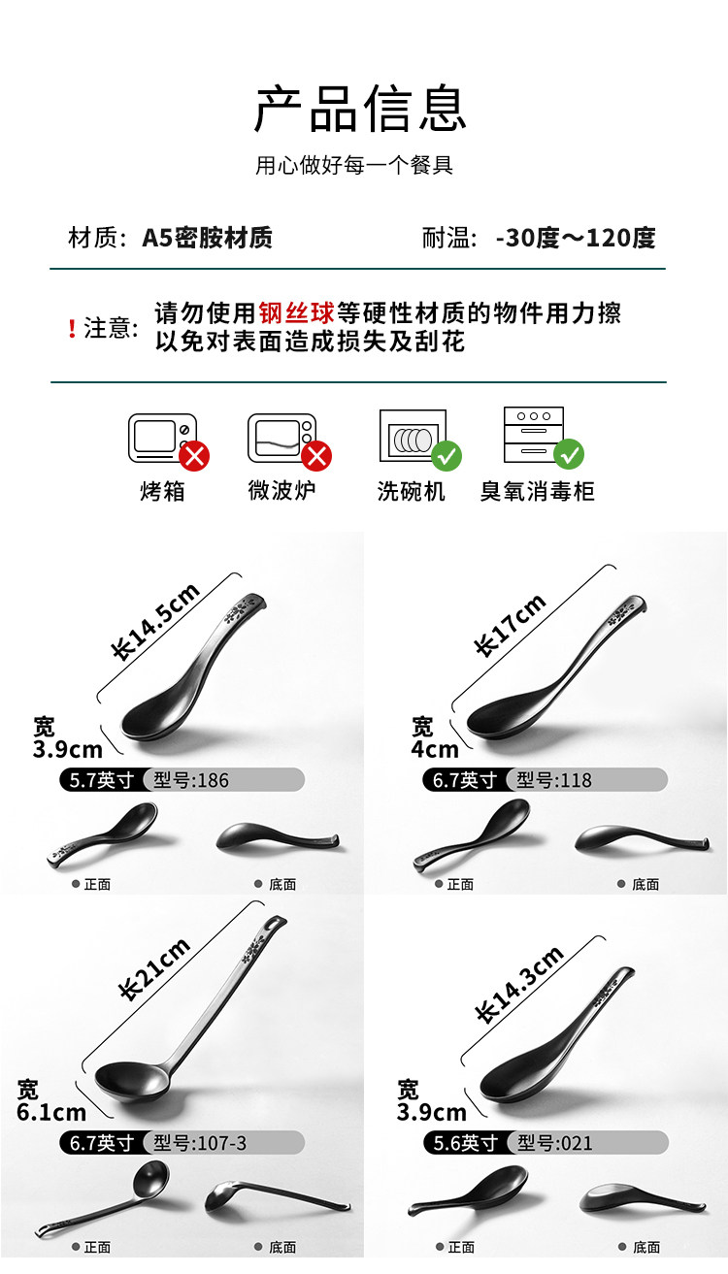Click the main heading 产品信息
click(x=360, y=108)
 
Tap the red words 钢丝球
click(x=297, y=312)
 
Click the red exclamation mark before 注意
click(x=72, y=328)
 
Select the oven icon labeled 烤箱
click(x=163, y=438)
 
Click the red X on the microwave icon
click(x=316, y=456)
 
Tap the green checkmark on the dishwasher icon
click(x=447, y=456)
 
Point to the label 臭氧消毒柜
click(x=538, y=491)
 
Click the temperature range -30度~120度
click(x=576, y=238)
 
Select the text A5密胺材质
click(x=207, y=238)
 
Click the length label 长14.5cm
click(x=155, y=622)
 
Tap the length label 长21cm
click(x=154, y=968)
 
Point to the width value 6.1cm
click(x=51, y=1112)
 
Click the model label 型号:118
click(x=554, y=780)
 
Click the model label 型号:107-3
click(x=200, y=1143)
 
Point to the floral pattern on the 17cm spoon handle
click(x=620, y=613)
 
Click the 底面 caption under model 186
click(x=282, y=884)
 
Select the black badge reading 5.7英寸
click(x=102, y=780)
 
